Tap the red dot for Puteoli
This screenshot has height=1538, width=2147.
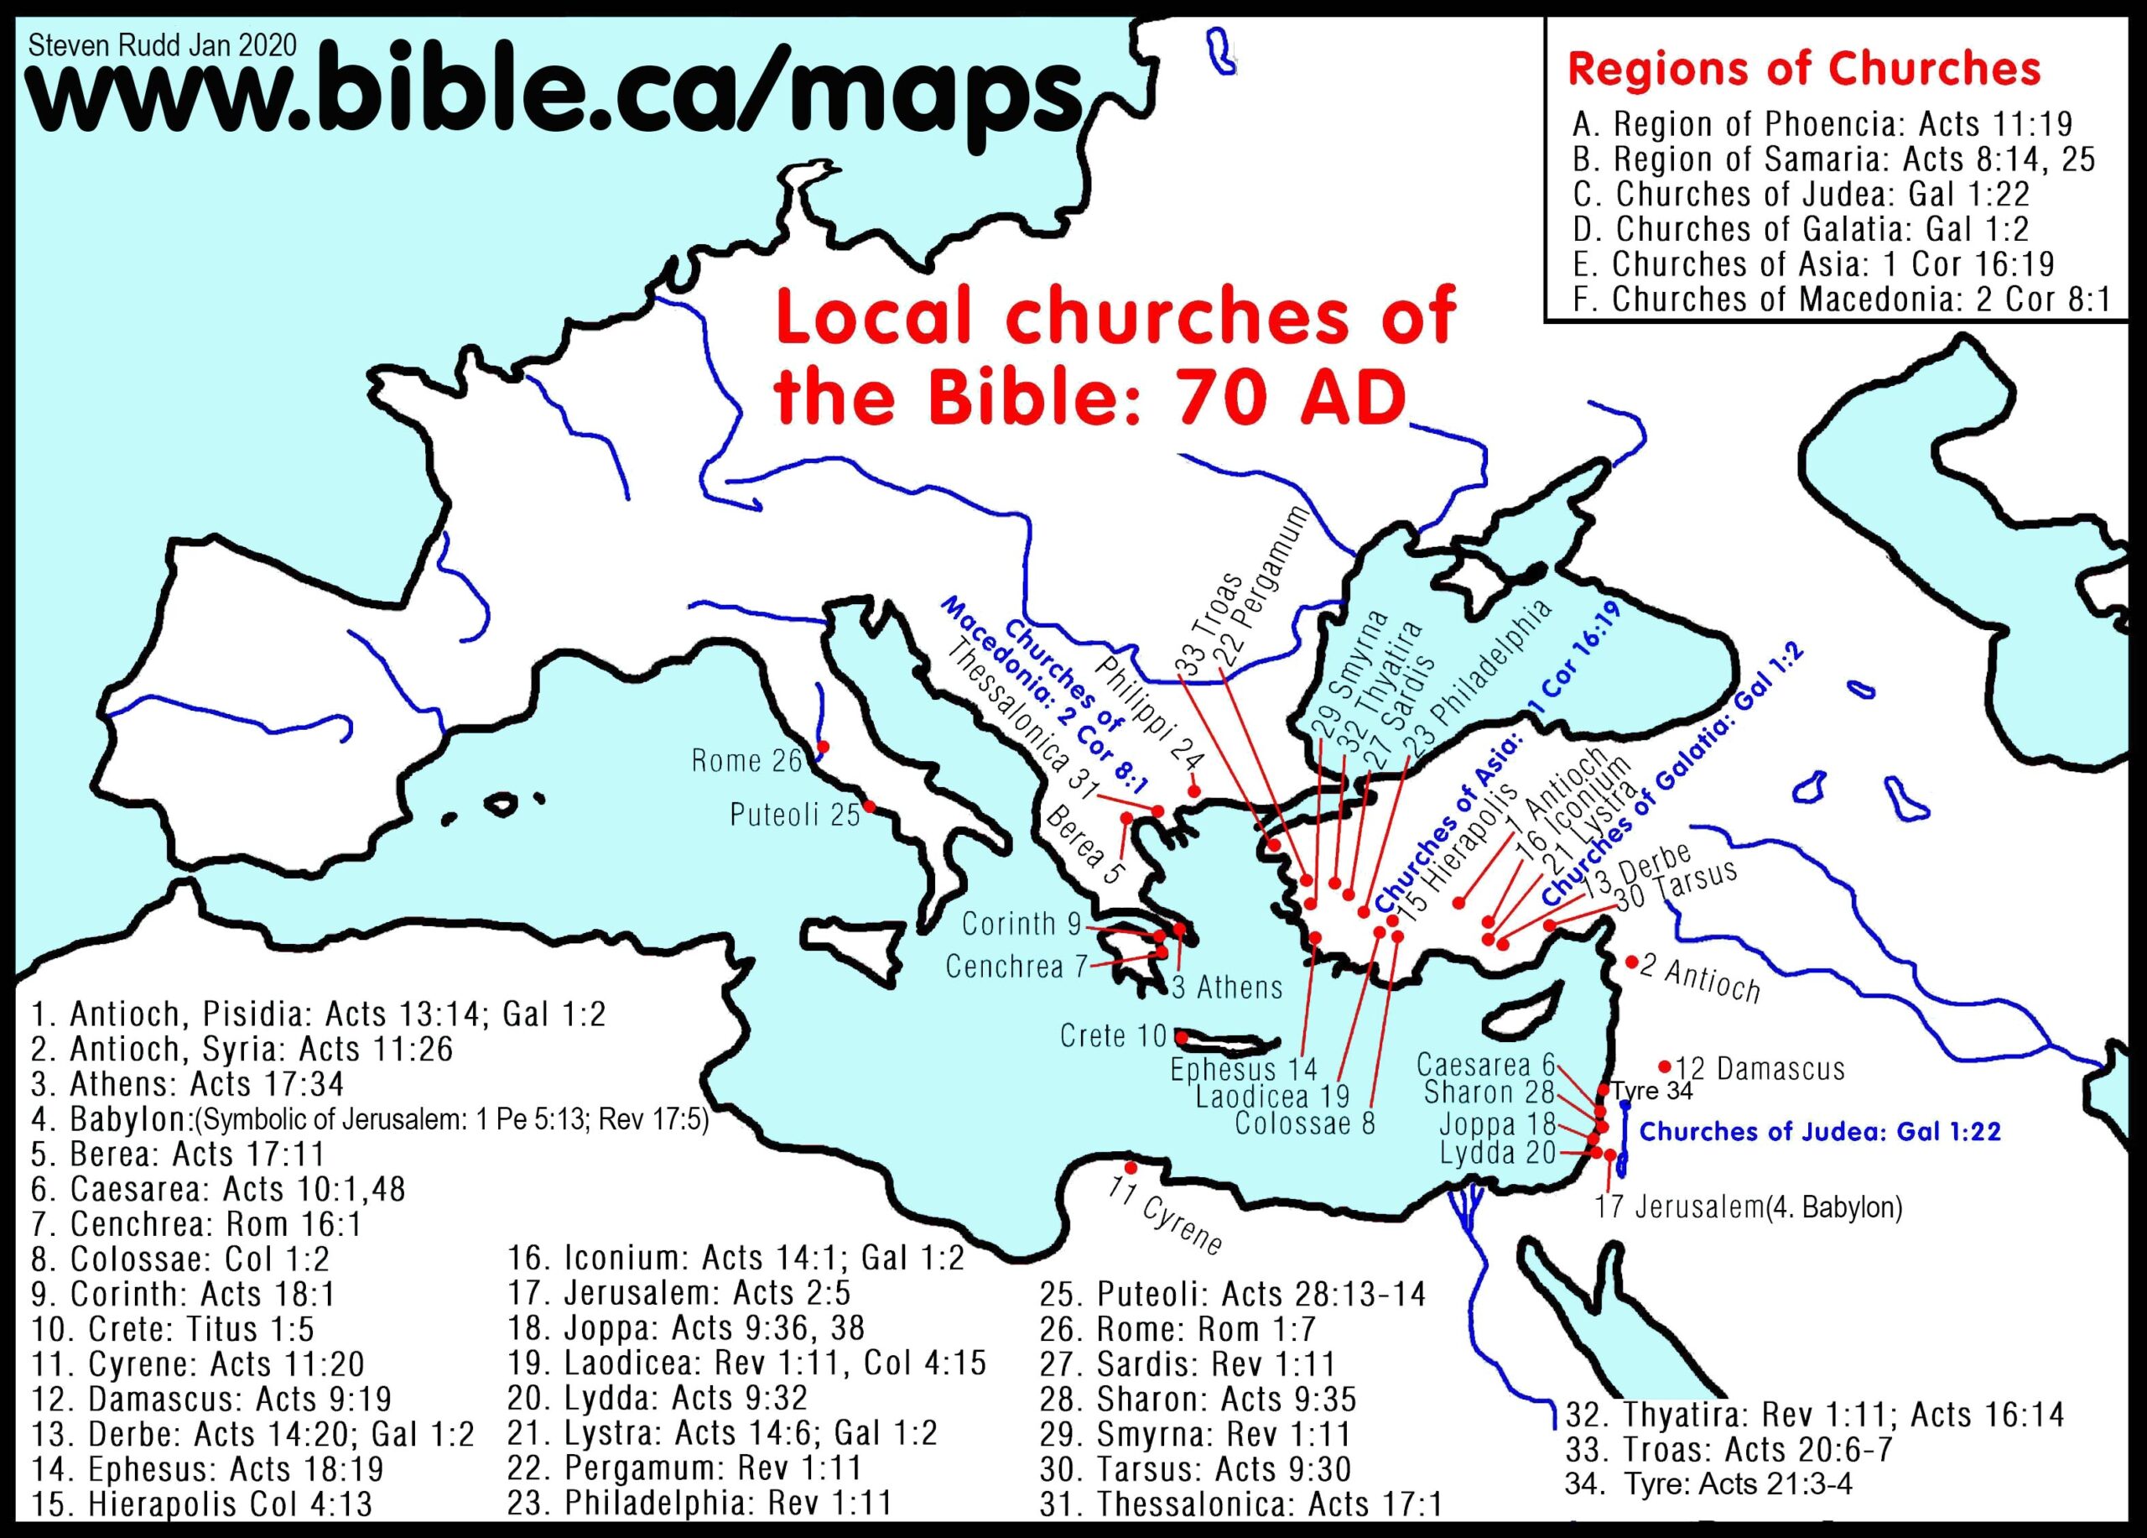pyautogui.click(x=868, y=807)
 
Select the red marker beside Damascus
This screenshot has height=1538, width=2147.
pyautogui.click(x=1664, y=1066)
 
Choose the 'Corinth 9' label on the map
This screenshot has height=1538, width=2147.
pyautogui.click(x=1022, y=923)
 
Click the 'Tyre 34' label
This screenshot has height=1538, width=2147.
pyautogui.click(x=1652, y=1091)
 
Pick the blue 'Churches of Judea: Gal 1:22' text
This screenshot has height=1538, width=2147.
pyautogui.click(x=1819, y=1131)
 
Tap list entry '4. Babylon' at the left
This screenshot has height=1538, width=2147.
pyautogui.click(x=369, y=1119)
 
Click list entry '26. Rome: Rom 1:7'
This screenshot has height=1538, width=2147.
pyautogui.click(x=1177, y=1329)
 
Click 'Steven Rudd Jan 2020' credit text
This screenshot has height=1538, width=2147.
pyautogui.click(x=163, y=44)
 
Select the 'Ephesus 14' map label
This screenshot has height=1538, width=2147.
pyautogui.click(x=1244, y=1069)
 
